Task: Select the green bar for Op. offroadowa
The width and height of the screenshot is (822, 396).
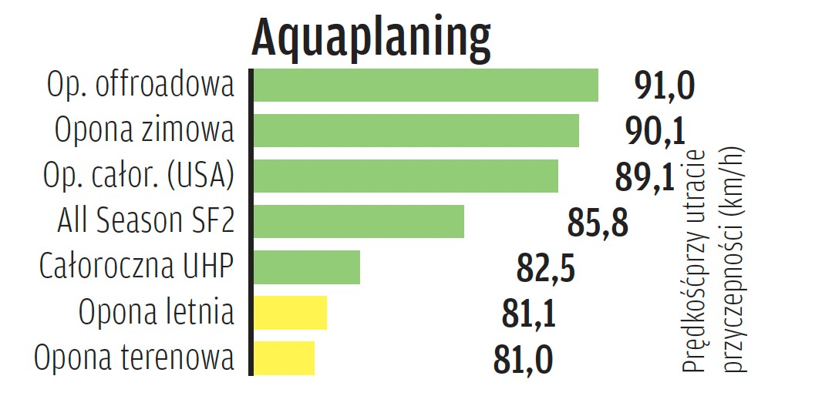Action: tap(426, 85)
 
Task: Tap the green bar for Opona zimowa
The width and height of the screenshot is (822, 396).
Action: tap(416, 130)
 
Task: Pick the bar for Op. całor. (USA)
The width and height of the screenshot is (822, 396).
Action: tap(406, 176)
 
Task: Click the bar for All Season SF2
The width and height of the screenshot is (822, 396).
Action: tap(359, 221)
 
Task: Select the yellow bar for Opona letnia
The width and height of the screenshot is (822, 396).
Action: tap(290, 312)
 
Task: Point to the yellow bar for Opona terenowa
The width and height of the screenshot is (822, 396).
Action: tap(284, 357)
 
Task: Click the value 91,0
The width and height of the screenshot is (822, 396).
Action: tap(665, 86)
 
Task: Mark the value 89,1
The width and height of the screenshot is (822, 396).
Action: tap(645, 177)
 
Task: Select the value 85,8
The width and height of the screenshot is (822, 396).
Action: tap(598, 223)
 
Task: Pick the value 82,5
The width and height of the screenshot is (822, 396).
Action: tap(545, 268)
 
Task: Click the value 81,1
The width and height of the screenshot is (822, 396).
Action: tap(528, 314)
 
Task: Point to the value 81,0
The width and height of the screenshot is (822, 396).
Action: tap(523, 360)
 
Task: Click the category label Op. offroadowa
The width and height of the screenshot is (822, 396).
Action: tap(140, 85)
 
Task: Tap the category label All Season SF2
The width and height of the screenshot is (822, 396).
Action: tap(146, 221)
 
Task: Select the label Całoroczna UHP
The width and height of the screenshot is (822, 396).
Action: tap(136, 267)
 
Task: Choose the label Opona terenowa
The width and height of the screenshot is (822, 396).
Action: tap(134, 358)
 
